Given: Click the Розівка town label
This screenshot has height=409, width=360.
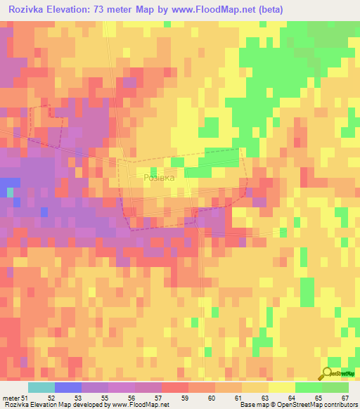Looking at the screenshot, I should tap(158, 178).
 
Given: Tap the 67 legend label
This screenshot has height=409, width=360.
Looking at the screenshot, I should tap(344, 397).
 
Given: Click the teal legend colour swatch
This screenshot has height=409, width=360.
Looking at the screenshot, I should tap(41, 387).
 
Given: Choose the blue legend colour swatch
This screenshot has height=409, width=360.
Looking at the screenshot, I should tap(67, 387).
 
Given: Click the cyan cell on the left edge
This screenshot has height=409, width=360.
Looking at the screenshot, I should tap(10, 191).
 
